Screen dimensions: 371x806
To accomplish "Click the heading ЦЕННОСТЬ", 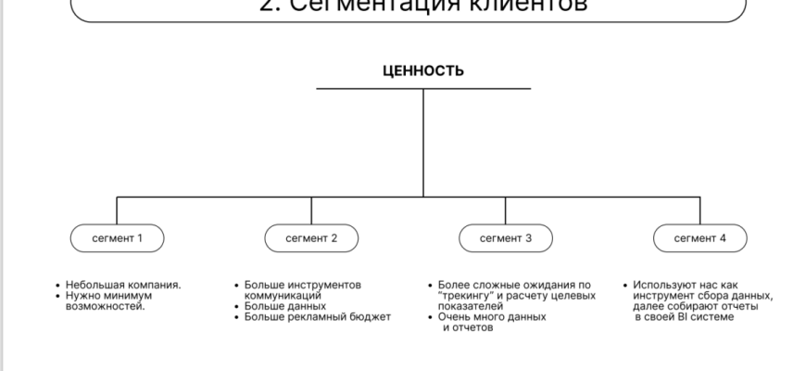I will pos(423,70).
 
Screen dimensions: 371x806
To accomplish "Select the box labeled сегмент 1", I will pos(117,238).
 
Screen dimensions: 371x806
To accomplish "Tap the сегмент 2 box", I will pos(311,238).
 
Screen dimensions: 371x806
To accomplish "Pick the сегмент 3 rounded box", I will pos(505,238).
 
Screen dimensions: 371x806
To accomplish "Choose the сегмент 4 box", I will pos(700,238).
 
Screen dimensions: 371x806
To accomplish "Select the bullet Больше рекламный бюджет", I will pos(318,317).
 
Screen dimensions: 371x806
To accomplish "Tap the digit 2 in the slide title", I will pos(267,6).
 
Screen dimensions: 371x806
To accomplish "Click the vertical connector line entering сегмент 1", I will pos(117,211).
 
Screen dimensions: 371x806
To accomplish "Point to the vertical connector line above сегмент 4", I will pos(700,211).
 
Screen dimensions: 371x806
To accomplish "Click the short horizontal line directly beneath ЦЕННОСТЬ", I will pos(423,89).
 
